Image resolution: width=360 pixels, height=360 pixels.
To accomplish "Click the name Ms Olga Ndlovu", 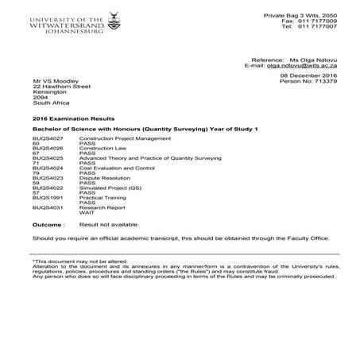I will pos(316,60).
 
